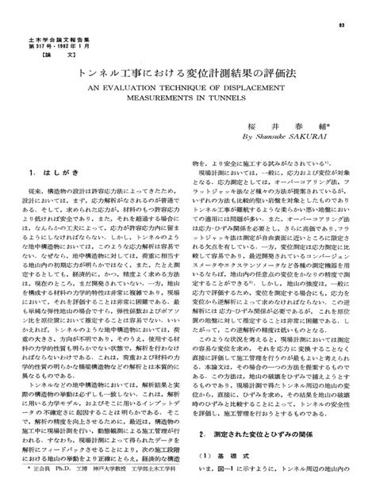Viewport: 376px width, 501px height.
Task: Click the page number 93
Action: point(348,25)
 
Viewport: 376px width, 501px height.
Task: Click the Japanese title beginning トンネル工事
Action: point(188,71)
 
